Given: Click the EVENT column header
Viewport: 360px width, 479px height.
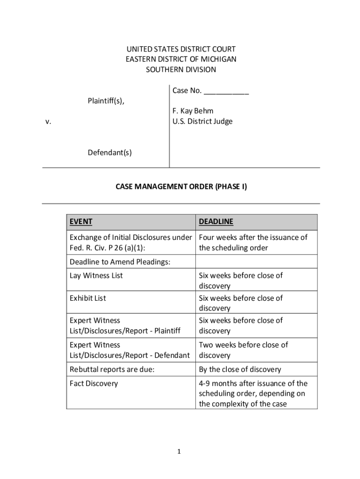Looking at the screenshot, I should [81, 222].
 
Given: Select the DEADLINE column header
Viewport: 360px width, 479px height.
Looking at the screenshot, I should [216, 222].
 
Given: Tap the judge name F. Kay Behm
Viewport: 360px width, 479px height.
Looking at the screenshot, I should [193, 111].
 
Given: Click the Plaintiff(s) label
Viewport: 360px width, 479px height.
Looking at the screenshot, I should [106, 101].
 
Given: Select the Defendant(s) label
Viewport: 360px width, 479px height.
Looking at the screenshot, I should [109, 152].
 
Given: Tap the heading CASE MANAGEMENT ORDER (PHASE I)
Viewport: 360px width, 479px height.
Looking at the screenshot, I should [181, 187].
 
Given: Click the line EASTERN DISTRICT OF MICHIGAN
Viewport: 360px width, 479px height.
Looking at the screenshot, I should [181, 59].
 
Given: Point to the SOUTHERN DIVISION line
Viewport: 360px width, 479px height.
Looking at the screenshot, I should [181, 70].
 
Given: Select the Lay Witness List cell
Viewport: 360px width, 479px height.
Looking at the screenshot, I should [96, 276].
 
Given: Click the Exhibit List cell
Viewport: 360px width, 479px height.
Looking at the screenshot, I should [87, 298].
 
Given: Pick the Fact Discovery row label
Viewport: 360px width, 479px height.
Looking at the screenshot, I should [94, 384].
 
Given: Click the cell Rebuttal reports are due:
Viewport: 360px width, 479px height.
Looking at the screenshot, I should [112, 370].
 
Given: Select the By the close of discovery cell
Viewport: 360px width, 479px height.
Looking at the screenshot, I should [240, 370].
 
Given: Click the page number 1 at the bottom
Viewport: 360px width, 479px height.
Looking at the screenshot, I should [179, 451].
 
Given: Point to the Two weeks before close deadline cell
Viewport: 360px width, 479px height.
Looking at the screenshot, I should [243, 350].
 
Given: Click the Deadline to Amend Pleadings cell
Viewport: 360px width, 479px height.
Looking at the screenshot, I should [120, 262].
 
